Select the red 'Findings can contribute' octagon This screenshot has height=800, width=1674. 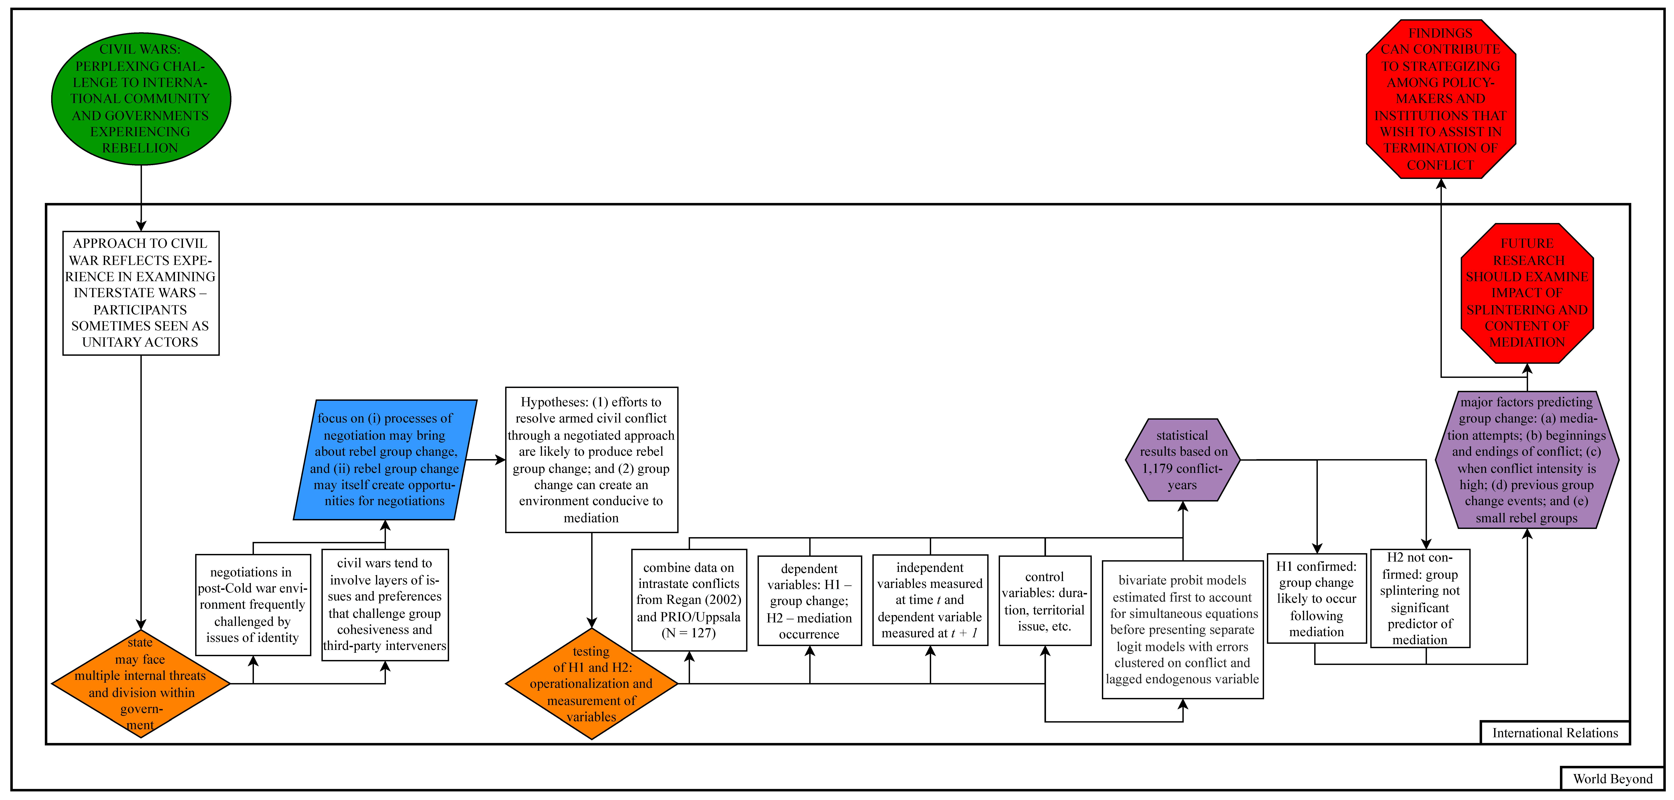[1441, 99]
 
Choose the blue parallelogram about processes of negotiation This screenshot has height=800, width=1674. [385, 460]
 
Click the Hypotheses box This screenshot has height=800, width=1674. [591, 460]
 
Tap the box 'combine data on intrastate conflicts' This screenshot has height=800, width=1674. [689, 600]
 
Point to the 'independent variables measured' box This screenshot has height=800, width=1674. [930, 600]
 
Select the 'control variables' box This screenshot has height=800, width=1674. [1044, 600]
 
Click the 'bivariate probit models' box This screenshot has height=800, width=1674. [1182, 629]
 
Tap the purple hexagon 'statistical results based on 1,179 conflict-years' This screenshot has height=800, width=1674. [1182, 460]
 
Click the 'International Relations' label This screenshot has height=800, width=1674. [1554, 732]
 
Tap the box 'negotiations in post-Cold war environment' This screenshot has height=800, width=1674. [253, 604]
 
